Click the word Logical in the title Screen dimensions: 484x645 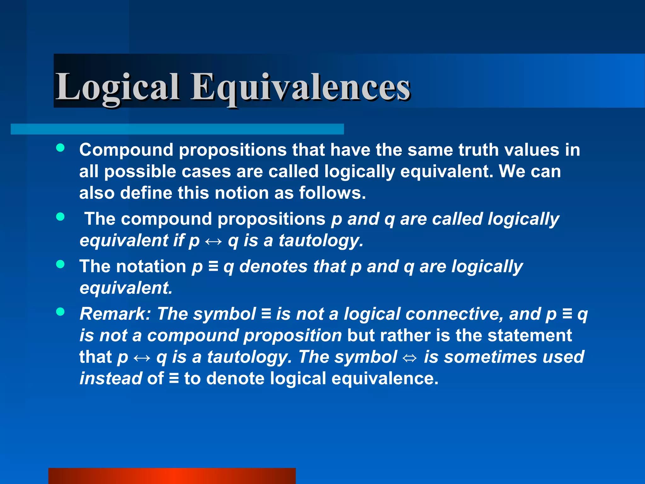(x=117, y=87)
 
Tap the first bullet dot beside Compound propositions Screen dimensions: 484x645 (x=60, y=148)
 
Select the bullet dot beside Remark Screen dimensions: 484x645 (x=60, y=312)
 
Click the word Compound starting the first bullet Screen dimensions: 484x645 (x=126, y=150)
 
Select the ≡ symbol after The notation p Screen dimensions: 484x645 (x=213, y=267)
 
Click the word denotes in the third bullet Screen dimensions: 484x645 (x=273, y=267)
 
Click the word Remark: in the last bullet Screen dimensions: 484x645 (x=115, y=314)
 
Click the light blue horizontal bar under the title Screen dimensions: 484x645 (x=177, y=129)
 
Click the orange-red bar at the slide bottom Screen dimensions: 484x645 (x=172, y=476)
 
